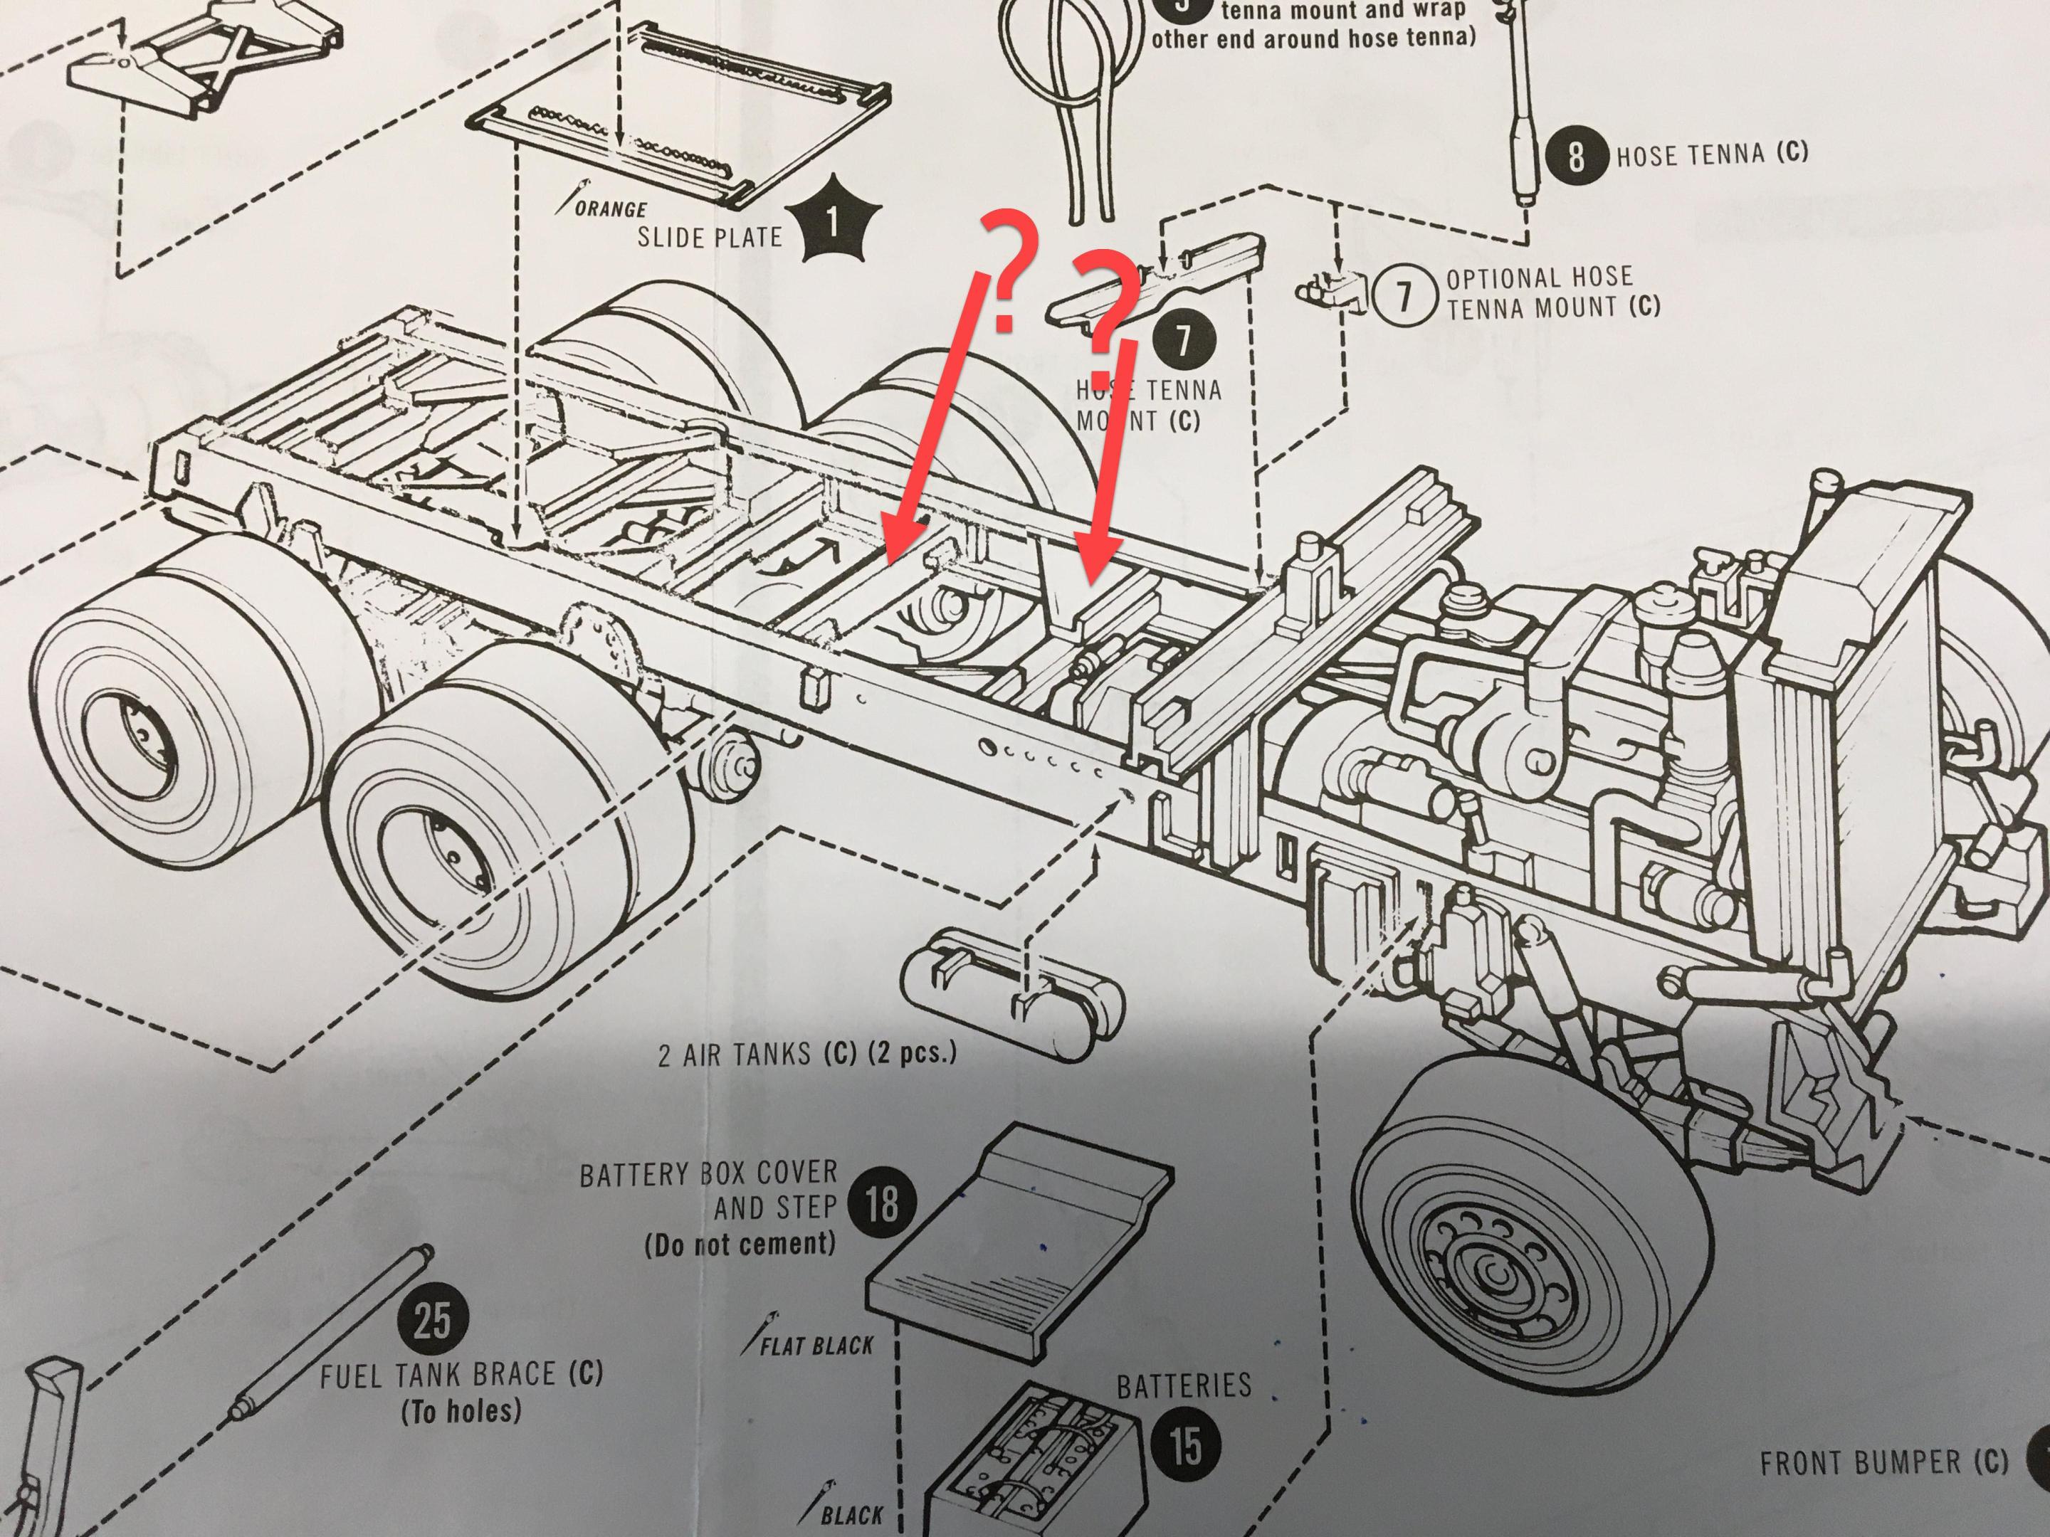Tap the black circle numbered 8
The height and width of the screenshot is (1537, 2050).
1575,156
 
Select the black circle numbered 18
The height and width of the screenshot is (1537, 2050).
881,1203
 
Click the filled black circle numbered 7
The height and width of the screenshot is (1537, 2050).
1184,340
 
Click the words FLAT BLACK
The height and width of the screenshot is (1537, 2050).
816,1345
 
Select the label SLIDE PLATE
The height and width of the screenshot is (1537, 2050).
709,237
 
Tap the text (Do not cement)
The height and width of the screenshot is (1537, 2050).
740,1243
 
